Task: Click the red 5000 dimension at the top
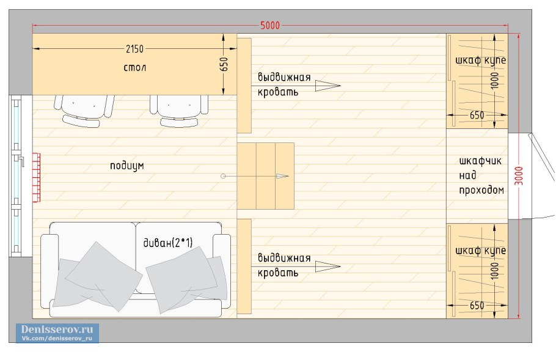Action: click(x=270, y=26)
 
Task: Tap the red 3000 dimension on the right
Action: click(x=519, y=175)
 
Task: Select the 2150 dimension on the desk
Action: click(x=135, y=49)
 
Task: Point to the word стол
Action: click(x=135, y=67)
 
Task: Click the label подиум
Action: click(x=127, y=166)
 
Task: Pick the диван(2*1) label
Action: click(x=168, y=243)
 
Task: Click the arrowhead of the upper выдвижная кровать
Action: click(x=327, y=86)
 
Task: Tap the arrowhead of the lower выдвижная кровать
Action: click(x=327, y=266)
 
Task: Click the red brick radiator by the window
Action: click(x=37, y=177)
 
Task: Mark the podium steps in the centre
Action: click(x=266, y=176)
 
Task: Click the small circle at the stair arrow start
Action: click(x=223, y=176)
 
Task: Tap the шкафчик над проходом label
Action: click(x=481, y=175)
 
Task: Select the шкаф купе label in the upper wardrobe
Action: click(x=480, y=61)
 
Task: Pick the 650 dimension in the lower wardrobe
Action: click(x=477, y=306)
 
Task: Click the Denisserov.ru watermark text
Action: click(x=57, y=329)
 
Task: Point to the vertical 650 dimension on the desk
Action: click(x=224, y=64)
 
